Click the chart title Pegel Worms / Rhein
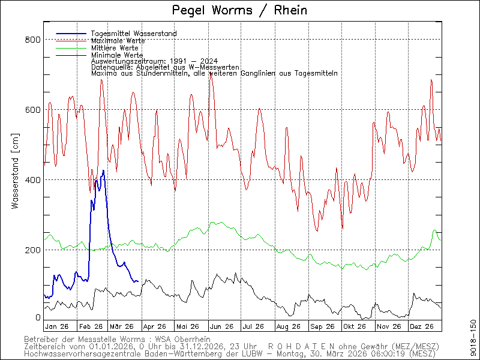pos(239,10)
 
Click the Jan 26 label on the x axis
pos(56,326)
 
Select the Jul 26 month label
pos(253,326)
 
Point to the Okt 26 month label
pos(353,326)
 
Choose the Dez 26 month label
pos(421,326)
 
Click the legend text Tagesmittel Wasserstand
pos(133,34)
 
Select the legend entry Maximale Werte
pos(118,40)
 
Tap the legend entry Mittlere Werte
pos(115,47)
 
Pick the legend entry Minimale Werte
pos(116,55)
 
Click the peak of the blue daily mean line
pos(103,171)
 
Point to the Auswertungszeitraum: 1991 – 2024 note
pos(154,61)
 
